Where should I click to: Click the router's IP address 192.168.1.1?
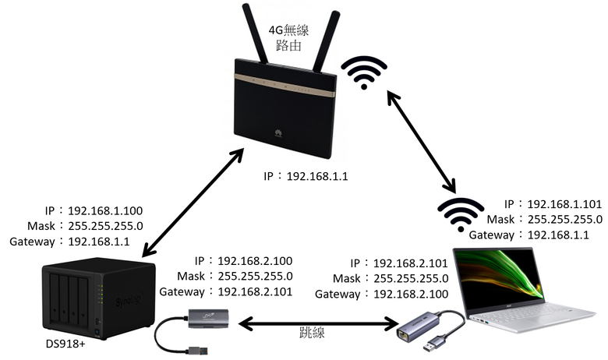[317, 177]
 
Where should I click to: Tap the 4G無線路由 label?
[288, 37]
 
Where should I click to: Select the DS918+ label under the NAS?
[65, 344]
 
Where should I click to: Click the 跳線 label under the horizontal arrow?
[312, 332]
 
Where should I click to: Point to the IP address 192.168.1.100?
[105, 211]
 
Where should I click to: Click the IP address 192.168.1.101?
[564, 204]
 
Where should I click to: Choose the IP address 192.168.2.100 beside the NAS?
[255, 261]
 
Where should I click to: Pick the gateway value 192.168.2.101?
[255, 291]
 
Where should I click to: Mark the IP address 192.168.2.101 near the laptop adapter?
[411, 263]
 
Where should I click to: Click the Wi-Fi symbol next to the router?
[364, 72]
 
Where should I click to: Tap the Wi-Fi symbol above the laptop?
[460, 214]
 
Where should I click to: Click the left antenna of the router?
[255, 34]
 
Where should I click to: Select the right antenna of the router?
[327, 41]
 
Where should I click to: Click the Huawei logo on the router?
[278, 134]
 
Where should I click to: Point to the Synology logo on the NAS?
[129, 299]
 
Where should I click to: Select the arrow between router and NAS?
[193, 203]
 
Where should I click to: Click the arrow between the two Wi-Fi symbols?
[422, 141]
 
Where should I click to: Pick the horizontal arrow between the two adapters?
[318, 323]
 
